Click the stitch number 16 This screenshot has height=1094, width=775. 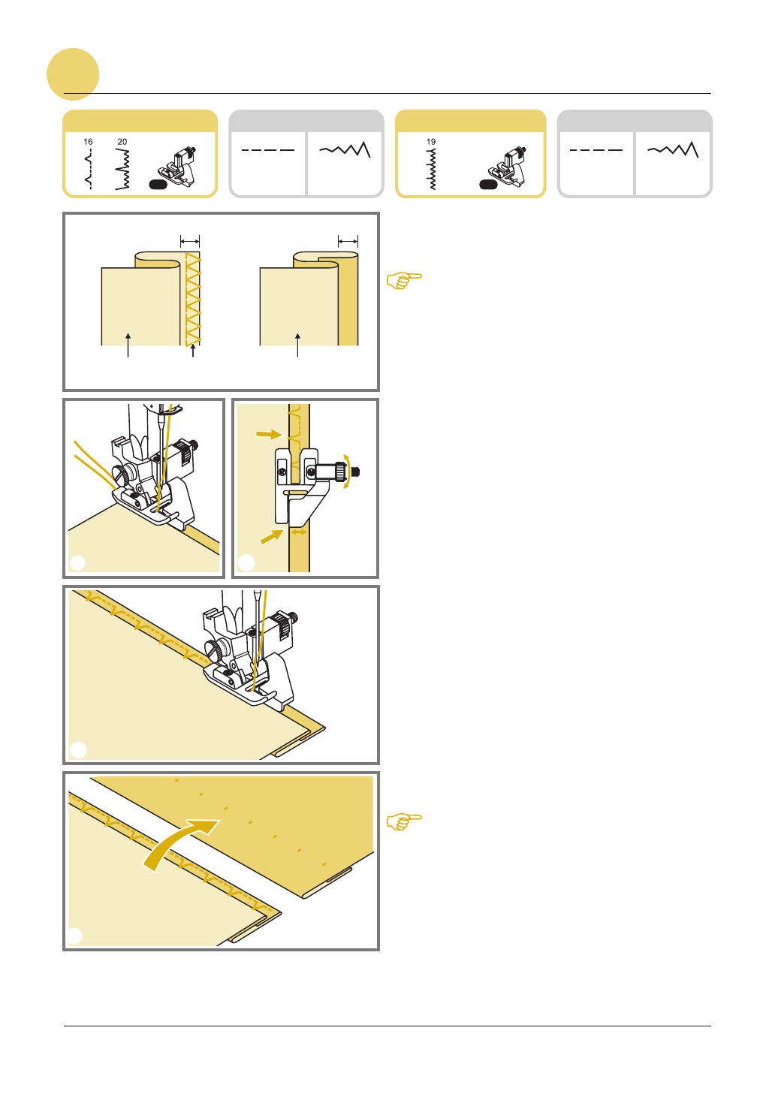(x=88, y=142)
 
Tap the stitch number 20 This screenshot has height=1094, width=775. (x=122, y=142)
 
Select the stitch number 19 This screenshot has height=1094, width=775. (x=431, y=142)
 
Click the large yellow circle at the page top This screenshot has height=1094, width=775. (x=73, y=74)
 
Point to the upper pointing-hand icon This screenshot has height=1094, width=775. (x=404, y=280)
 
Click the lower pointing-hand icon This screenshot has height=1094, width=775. (x=404, y=821)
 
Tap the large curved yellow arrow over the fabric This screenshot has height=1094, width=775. (x=178, y=843)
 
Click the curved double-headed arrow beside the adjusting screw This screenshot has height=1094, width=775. (x=347, y=472)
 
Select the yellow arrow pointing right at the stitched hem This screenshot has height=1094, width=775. (x=269, y=434)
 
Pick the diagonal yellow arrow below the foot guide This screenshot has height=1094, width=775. (x=272, y=536)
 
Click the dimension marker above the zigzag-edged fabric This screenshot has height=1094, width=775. (x=190, y=241)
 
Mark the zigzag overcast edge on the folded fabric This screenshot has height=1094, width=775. (x=193, y=299)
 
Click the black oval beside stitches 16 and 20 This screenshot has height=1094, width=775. (x=158, y=185)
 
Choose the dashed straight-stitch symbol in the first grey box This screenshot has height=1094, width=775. (x=268, y=150)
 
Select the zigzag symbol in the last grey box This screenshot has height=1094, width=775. (x=673, y=149)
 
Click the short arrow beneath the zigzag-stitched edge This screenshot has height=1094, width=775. (x=193, y=351)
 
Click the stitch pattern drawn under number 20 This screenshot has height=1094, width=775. (x=122, y=169)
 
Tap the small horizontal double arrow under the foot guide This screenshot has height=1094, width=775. (x=299, y=532)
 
